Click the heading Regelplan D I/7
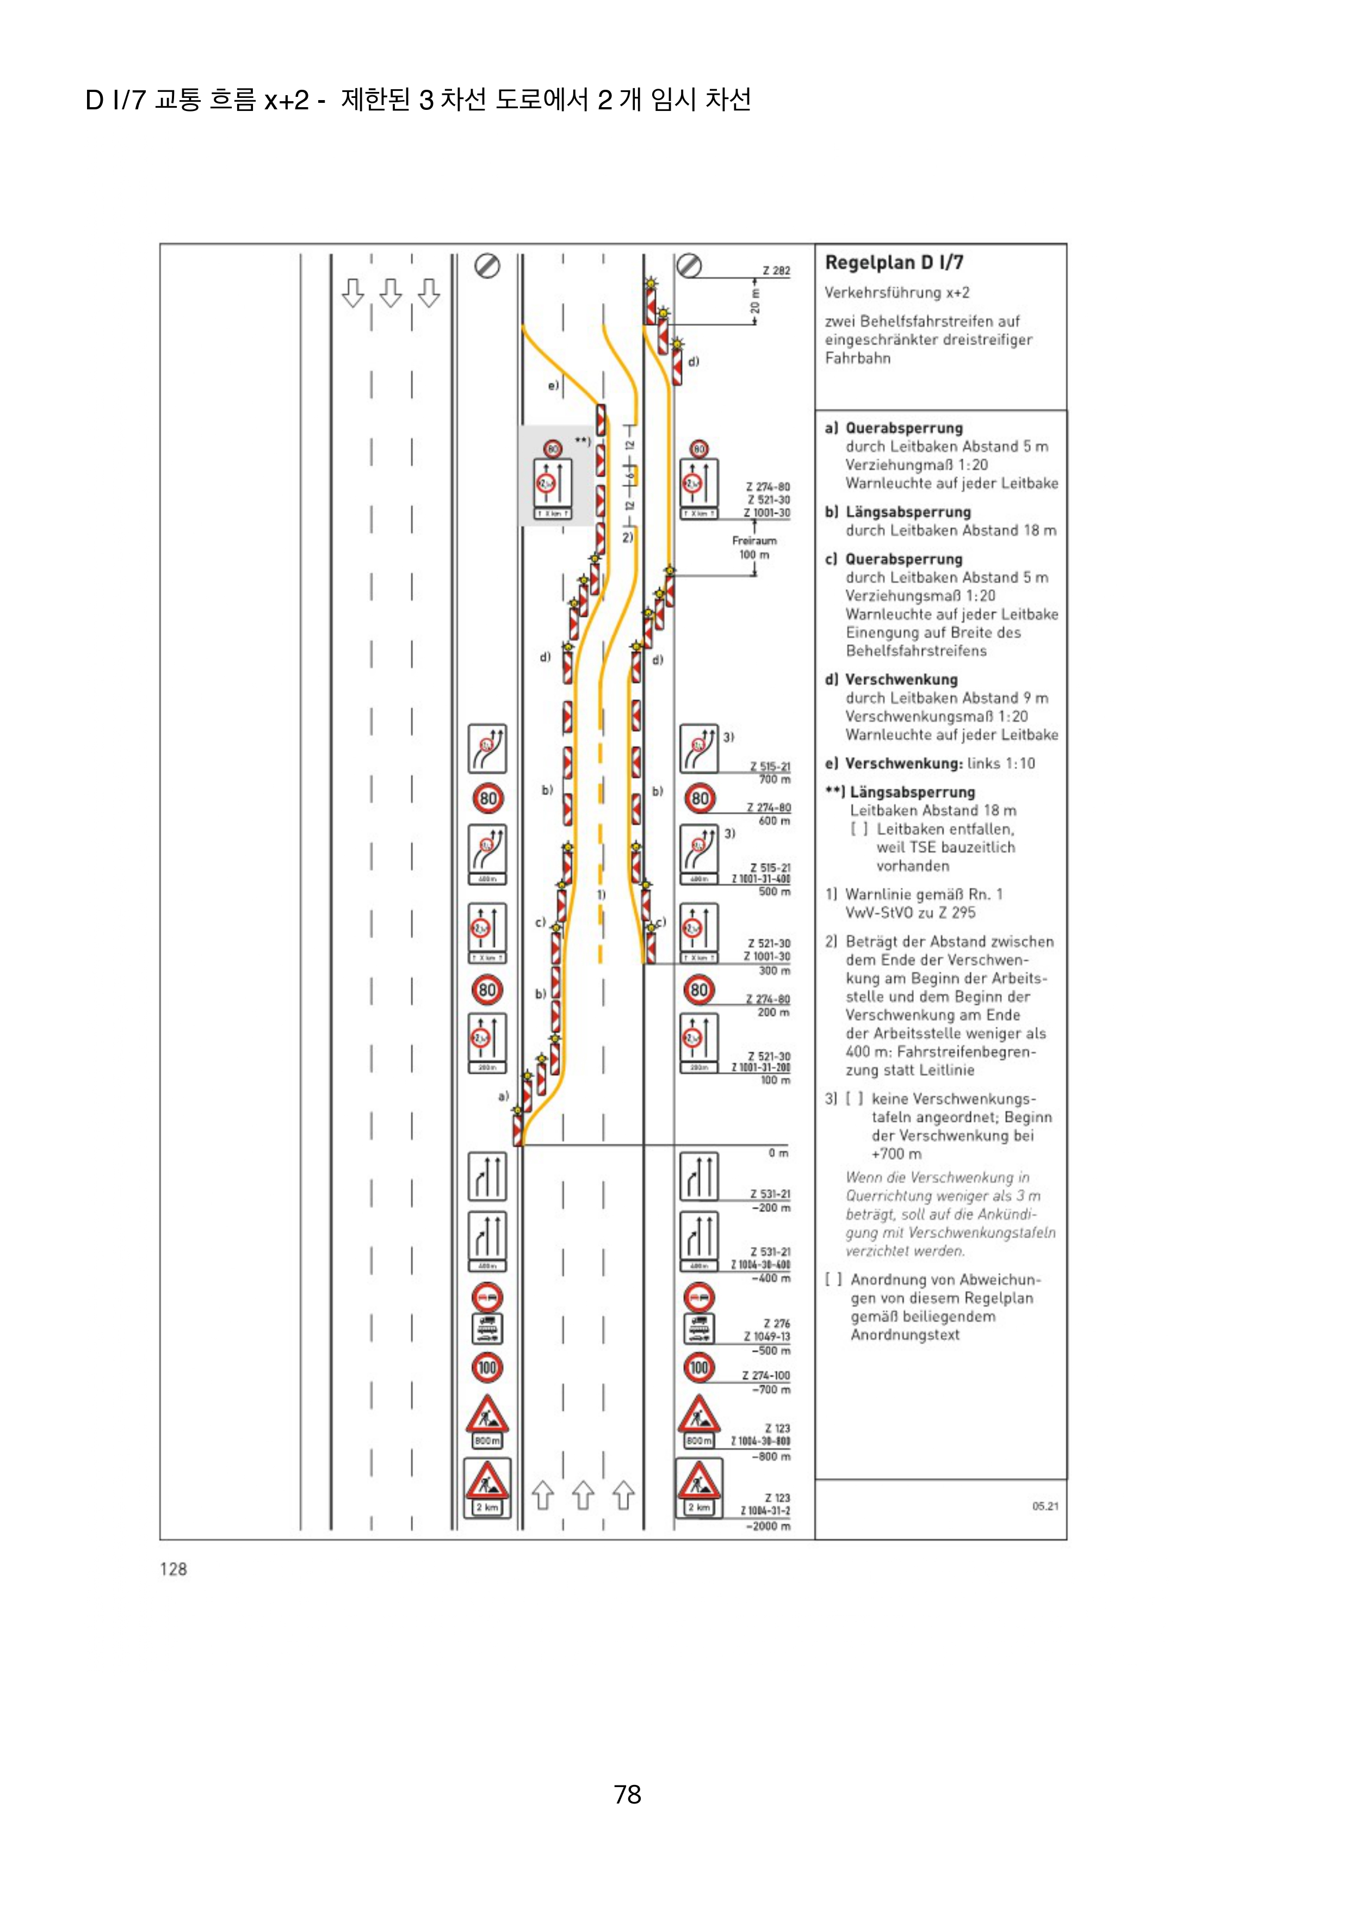(894, 263)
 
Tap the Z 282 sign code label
(776, 270)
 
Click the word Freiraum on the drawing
(754, 540)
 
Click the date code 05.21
(1045, 1506)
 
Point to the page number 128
(173, 1570)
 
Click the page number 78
(628, 1794)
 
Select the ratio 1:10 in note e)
(1019, 763)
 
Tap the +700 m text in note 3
(896, 1154)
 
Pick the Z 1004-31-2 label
(765, 1511)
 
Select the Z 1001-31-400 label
(760, 879)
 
